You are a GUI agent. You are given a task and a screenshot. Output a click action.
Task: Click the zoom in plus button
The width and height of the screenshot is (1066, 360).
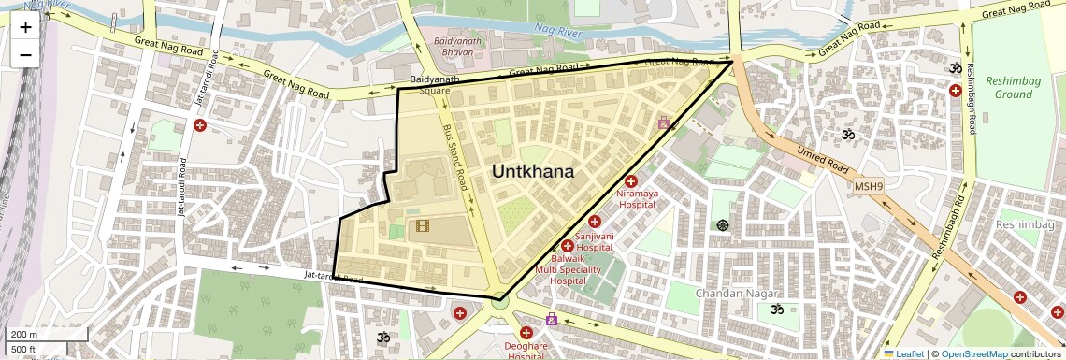click(25, 26)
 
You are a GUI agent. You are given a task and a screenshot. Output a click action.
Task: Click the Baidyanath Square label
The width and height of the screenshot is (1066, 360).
click(434, 85)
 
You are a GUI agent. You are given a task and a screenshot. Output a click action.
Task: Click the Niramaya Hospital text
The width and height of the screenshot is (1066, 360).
click(637, 198)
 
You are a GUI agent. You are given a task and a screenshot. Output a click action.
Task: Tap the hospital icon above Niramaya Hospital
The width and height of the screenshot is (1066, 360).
click(631, 180)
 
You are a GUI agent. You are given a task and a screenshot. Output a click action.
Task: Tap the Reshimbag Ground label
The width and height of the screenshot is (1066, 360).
click(1013, 88)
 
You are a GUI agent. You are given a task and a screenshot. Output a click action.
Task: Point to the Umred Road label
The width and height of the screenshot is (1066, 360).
click(822, 160)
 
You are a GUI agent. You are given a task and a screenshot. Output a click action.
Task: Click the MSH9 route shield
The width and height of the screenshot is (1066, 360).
click(868, 187)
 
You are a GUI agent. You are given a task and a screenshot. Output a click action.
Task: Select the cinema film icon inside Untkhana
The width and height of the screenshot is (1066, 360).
click(423, 225)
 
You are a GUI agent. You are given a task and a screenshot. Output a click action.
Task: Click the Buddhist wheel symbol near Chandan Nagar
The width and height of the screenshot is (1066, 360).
click(722, 224)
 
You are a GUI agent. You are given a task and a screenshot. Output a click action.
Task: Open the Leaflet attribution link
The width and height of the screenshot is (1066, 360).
click(904, 353)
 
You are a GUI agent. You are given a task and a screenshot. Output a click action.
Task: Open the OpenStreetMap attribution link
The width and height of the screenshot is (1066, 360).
click(973, 353)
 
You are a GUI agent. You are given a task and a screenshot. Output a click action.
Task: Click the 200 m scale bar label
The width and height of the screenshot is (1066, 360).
click(24, 334)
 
